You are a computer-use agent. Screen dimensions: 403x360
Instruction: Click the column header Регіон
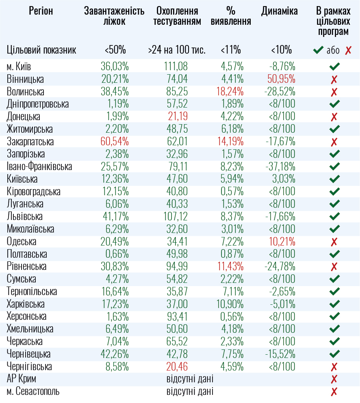click(41, 11)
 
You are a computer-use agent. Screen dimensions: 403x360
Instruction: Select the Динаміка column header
click(280, 11)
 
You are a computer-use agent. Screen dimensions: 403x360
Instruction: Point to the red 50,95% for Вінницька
click(282, 79)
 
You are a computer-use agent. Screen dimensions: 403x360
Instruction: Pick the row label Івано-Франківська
click(39, 166)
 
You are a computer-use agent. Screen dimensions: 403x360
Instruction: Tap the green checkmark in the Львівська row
click(334, 217)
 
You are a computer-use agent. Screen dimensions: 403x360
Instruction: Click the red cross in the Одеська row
click(334, 242)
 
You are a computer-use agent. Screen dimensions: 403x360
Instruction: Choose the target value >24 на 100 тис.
click(177, 50)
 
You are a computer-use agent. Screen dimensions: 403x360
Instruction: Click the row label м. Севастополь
click(33, 392)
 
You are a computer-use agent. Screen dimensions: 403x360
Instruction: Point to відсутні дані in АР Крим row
click(190, 379)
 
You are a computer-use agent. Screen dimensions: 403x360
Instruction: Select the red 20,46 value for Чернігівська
click(177, 366)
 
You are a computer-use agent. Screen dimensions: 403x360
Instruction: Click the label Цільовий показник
click(41, 50)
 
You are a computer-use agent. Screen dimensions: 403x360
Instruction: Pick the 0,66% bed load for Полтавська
click(116, 254)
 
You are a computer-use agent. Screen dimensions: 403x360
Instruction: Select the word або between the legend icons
click(333, 50)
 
